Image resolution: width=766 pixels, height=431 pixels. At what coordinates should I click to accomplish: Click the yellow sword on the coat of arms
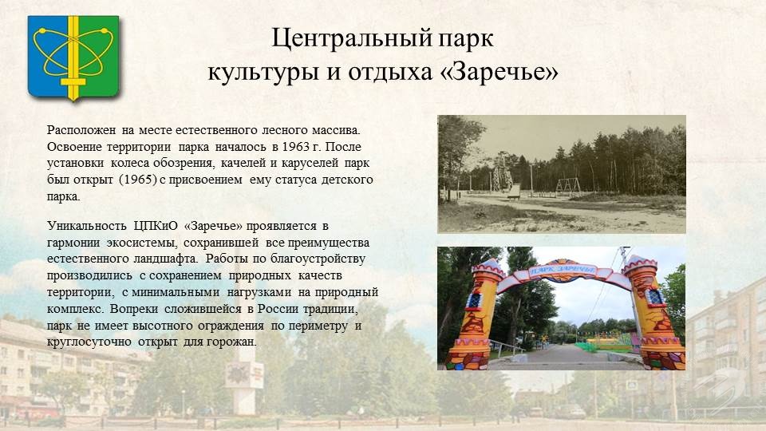click(x=73, y=57)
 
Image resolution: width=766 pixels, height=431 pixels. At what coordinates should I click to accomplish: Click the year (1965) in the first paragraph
click(x=138, y=180)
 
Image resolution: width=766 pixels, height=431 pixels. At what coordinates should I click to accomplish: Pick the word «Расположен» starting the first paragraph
click(x=81, y=130)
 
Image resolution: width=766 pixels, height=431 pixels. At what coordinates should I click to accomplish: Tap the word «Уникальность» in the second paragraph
click(x=86, y=226)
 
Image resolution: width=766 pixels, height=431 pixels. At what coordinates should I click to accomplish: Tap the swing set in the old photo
click(x=567, y=187)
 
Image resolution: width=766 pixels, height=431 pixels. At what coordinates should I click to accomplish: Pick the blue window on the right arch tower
click(x=654, y=298)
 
